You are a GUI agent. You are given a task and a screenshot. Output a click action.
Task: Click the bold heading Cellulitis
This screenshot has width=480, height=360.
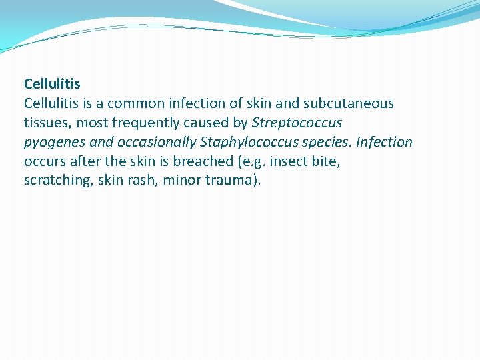(x=52, y=84)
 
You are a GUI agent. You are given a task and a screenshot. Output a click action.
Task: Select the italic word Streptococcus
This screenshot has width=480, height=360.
(x=297, y=123)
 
